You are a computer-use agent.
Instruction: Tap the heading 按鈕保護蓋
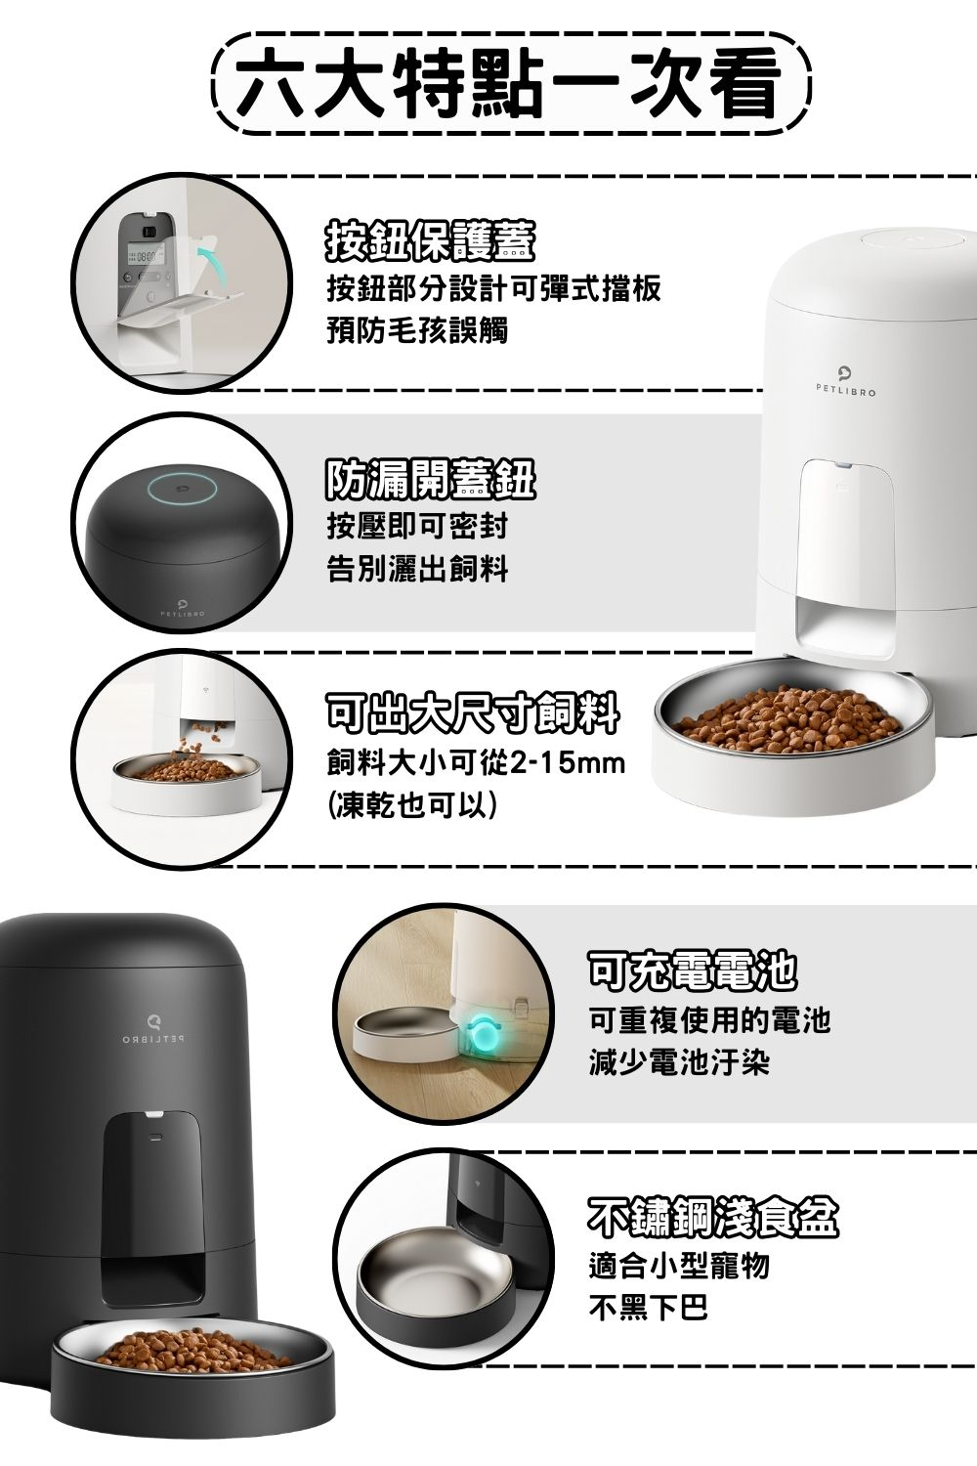[431, 240]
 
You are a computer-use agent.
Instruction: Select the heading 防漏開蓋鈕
[431, 479]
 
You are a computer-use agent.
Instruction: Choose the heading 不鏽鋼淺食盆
[713, 1216]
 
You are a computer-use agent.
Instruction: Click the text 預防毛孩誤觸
[417, 330]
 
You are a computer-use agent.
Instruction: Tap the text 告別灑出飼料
[417, 568]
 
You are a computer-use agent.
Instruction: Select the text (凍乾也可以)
[412, 805]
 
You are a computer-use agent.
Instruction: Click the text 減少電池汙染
[679, 1061]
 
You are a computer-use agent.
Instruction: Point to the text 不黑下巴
[649, 1308]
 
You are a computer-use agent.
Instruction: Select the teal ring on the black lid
[182, 489]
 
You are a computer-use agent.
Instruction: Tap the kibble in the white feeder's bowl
[788, 720]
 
